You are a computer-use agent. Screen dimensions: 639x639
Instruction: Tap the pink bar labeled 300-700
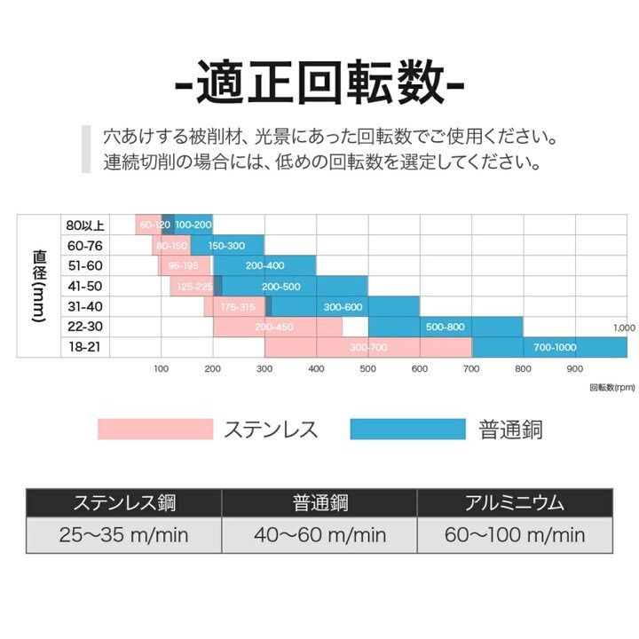click(x=368, y=347)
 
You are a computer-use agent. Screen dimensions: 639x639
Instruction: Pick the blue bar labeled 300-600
click(x=343, y=306)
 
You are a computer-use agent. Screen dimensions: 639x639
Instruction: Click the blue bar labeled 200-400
click(x=264, y=265)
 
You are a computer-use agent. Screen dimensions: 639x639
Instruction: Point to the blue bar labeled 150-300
click(x=225, y=245)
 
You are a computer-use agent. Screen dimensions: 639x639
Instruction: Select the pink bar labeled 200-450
click(x=274, y=327)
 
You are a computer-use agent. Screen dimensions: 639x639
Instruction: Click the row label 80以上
click(x=84, y=225)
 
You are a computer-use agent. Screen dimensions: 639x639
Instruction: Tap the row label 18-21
click(x=84, y=347)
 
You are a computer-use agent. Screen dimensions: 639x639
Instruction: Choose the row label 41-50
click(x=84, y=286)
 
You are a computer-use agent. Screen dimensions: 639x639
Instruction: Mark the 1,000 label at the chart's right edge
click(x=624, y=327)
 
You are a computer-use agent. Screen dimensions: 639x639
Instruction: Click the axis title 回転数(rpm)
click(x=612, y=387)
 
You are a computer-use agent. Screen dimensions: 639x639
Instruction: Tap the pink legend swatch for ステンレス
click(x=155, y=430)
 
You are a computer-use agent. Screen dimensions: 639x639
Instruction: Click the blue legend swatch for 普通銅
click(x=407, y=430)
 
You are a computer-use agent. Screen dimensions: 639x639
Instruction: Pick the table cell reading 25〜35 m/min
click(x=123, y=534)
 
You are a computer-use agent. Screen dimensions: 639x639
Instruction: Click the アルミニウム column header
click(x=514, y=503)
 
